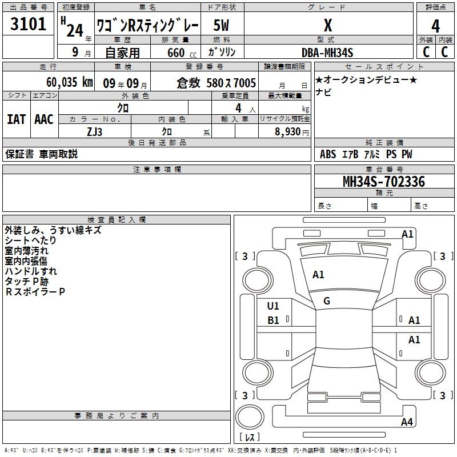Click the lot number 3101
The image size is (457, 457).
pyautogui.click(x=28, y=24)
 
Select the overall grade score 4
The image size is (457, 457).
pyautogui.click(x=435, y=26)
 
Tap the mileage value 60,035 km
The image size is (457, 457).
pyautogui.click(x=70, y=82)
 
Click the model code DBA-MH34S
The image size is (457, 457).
pyautogui.click(x=327, y=53)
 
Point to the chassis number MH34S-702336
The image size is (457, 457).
pyautogui.click(x=384, y=182)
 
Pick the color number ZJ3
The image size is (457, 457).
pyautogui.click(x=94, y=132)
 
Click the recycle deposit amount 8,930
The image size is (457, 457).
pyautogui.click(x=288, y=131)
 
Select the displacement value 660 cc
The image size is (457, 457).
pyautogui.click(x=182, y=53)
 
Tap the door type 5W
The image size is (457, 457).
pyautogui.click(x=221, y=25)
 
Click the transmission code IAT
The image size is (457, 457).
pyautogui.click(x=17, y=119)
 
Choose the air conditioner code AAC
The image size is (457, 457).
pyautogui.click(x=44, y=119)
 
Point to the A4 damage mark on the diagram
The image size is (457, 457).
pyautogui.click(x=407, y=422)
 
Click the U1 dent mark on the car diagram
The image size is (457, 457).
pyautogui.click(x=273, y=306)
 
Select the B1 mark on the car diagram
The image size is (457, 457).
pyautogui.click(x=273, y=320)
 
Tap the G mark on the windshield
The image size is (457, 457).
pyautogui.click(x=327, y=301)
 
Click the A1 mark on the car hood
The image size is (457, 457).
pyautogui.click(x=318, y=275)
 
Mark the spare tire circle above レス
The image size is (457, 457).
pyautogui.click(x=250, y=416)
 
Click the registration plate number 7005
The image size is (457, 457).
pyautogui.click(x=245, y=83)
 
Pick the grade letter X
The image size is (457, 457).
pyautogui.click(x=328, y=25)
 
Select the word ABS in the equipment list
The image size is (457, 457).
pyautogui.click(x=328, y=154)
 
